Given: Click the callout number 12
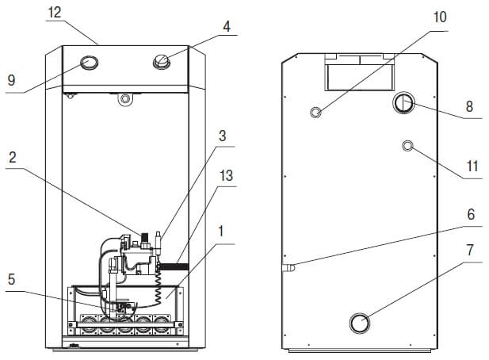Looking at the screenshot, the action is [x=55, y=13].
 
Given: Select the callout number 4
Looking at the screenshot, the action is [x=227, y=26].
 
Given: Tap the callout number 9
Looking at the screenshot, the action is [x=11, y=80].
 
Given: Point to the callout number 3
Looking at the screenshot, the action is [x=222, y=136].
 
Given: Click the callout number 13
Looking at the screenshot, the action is [x=226, y=175].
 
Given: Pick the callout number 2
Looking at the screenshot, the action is [x=13, y=157].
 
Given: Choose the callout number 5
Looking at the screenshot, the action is [x=12, y=279].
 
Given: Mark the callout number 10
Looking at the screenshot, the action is [x=440, y=17].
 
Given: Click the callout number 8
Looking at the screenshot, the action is [x=469, y=106].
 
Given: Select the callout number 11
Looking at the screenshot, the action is [x=472, y=167].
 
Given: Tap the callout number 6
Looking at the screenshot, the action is [x=471, y=214].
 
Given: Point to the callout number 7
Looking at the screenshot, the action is [x=470, y=250].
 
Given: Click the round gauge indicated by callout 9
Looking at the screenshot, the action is [x=90, y=63].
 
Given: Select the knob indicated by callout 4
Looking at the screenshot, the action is [x=162, y=62].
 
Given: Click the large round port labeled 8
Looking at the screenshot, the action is [x=403, y=103].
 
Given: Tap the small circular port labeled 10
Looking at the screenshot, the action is [x=316, y=112].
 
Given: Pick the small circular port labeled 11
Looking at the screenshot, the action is [x=407, y=146].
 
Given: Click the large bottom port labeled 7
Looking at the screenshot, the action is [x=360, y=323].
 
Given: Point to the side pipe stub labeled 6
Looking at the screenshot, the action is [x=288, y=268].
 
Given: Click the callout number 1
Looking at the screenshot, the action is [x=221, y=232].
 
